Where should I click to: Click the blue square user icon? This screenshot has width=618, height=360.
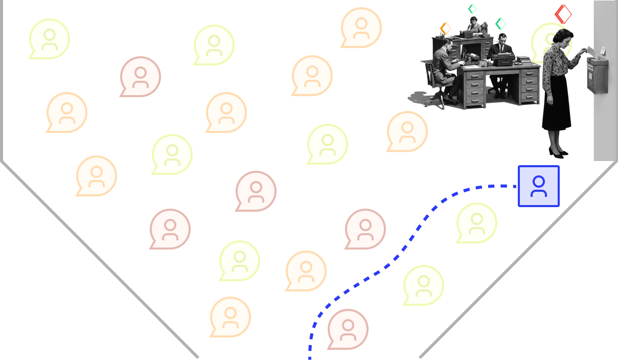tap(538, 186)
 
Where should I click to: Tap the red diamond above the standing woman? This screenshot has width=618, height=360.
tap(563, 14)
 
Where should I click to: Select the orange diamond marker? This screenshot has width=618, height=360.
tap(446, 29)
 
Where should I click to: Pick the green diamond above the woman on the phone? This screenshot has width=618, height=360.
tap(472, 9)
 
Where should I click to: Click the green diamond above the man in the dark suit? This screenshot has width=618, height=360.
tap(500, 24)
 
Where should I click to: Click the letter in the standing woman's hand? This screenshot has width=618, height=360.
tap(591, 51)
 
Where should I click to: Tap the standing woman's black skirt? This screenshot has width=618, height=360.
tap(556, 102)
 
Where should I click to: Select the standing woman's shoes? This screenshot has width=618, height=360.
tap(558, 152)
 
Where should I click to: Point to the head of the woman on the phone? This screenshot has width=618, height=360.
tap(474, 20)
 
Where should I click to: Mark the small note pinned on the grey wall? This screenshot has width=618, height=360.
tap(603, 50)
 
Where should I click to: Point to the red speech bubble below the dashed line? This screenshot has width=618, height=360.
tap(348, 328)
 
